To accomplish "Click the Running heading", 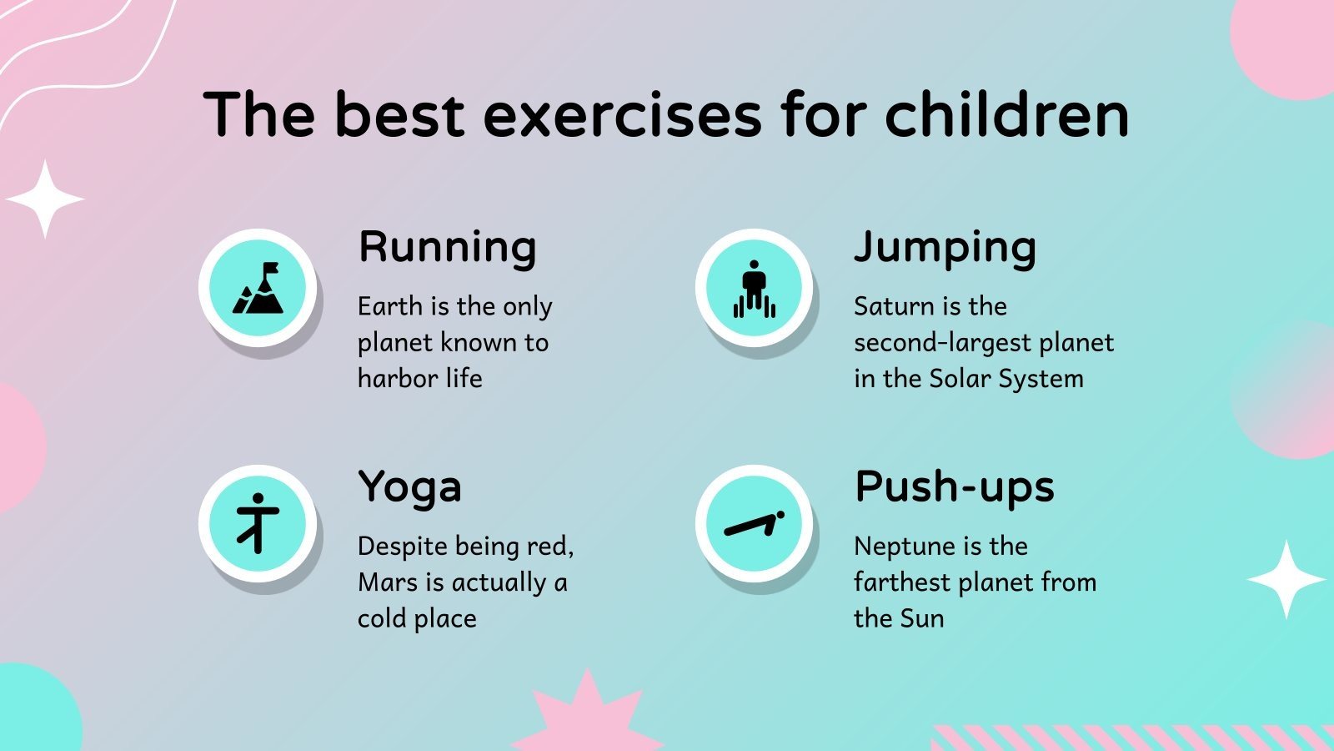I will pyautogui.click(x=447, y=248).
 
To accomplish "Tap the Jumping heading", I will pyautogui.click(x=945, y=248).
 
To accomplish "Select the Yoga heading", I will pyautogui.click(x=409, y=488).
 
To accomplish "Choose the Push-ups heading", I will pyautogui.click(x=955, y=487).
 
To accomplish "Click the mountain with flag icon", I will pyautogui.click(x=258, y=288).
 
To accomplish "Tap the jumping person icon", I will pyautogui.click(x=755, y=289).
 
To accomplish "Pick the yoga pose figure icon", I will pyautogui.click(x=258, y=523).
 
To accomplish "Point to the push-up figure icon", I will pyautogui.click(x=755, y=524).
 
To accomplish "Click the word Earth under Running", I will pyautogui.click(x=390, y=306).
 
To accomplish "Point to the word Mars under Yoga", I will pyautogui.click(x=389, y=582).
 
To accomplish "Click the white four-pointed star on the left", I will pyautogui.click(x=45, y=199).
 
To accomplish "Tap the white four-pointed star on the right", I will pyautogui.click(x=1286, y=579).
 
